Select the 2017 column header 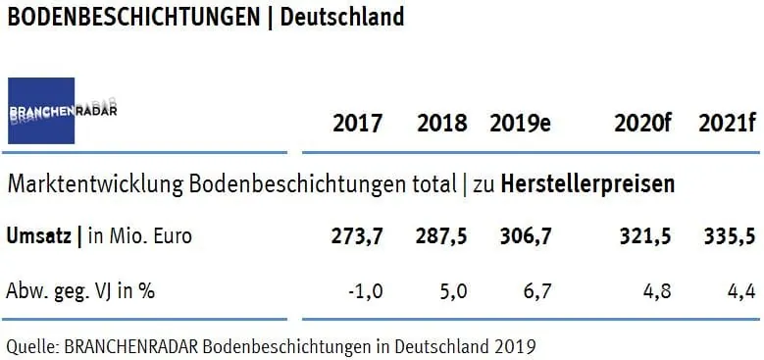tap(358, 125)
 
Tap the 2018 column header tap(442, 125)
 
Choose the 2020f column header tap(641, 125)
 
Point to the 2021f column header tap(726, 125)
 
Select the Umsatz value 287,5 tap(444, 236)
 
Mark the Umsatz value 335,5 tap(727, 236)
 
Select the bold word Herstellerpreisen tap(587, 183)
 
